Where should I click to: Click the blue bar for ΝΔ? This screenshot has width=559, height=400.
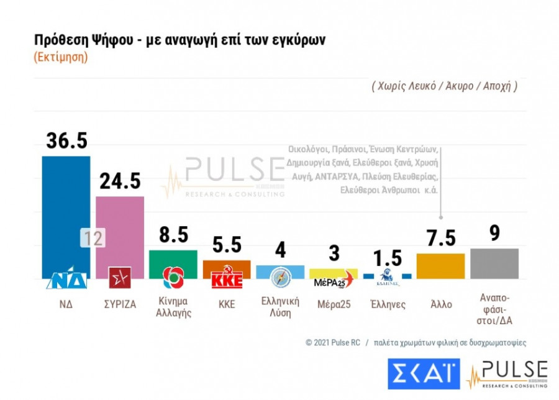point(66,211)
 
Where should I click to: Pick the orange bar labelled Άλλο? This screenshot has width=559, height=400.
point(440,266)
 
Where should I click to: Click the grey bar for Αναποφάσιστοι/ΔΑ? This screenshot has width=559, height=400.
point(494,263)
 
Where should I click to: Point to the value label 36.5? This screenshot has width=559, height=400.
point(66,140)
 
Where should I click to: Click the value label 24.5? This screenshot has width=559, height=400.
point(120,181)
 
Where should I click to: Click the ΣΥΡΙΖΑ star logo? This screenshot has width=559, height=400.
point(119,277)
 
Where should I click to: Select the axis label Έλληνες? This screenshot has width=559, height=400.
point(388,304)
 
